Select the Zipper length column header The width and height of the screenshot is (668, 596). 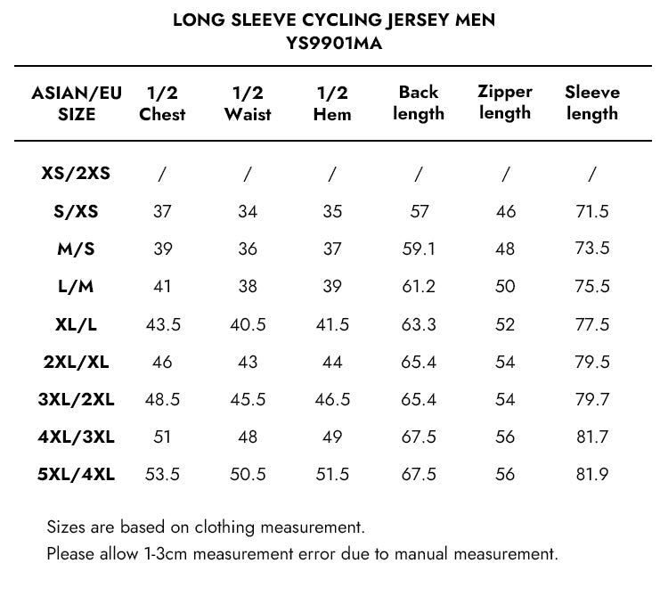pyautogui.click(x=504, y=102)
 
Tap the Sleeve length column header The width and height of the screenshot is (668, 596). pyautogui.click(x=592, y=102)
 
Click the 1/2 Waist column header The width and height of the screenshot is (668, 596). pyautogui.click(x=248, y=103)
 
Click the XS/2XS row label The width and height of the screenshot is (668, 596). pyautogui.click(x=76, y=175)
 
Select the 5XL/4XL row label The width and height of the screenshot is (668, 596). pyautogui.click(x=76, y=474)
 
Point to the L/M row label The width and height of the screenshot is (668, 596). pyautogui.click(x=76, y=287)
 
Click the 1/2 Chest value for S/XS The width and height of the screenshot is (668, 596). pyautogui.click(x=162, y=212)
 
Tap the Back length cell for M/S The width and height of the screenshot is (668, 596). pyautogui.click(x=419, y=249)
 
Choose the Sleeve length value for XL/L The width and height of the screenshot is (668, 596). pyautogui.click(x=592, y=324)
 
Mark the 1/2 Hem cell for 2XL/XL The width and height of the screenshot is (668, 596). pyautogui.click(x=332, y=362)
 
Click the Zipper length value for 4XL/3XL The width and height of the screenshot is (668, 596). pyautogui.click(x=505, y=437)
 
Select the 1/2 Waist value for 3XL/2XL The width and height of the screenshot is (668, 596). pyautogui.click(x=248, y=399)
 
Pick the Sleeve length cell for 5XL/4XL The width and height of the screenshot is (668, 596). pyautogui.click(x=592, y=474)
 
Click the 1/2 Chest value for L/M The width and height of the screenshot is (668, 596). pyautogui.click(x=162, y=287)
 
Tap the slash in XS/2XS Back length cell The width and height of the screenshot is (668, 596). pyautogui.click(x=419, y=175)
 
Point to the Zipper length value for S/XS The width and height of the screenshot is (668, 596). pyautogui.click(x=505, y=212)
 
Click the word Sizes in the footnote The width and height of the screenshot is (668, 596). pyautogui.click(x=66, y=527)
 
